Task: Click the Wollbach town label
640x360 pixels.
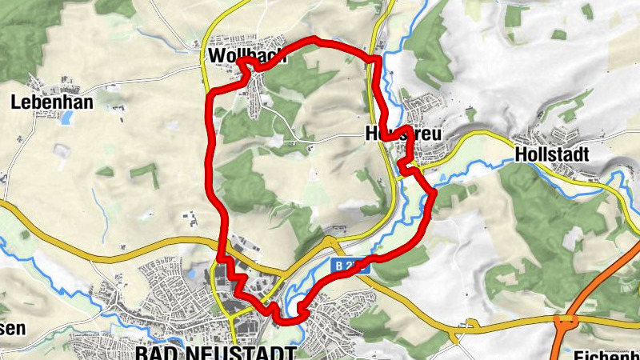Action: pyautogui.click(x=241, y=55)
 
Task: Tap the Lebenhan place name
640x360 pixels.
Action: pyautogui.click(x=52, y=102)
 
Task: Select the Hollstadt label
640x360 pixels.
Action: pyautogui.click(x=553, y=153)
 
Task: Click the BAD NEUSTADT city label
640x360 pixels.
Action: pyautogui.click(x=215, y=352)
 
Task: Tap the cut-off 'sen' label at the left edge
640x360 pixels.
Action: pyautogui.click(x=14, y=328)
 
